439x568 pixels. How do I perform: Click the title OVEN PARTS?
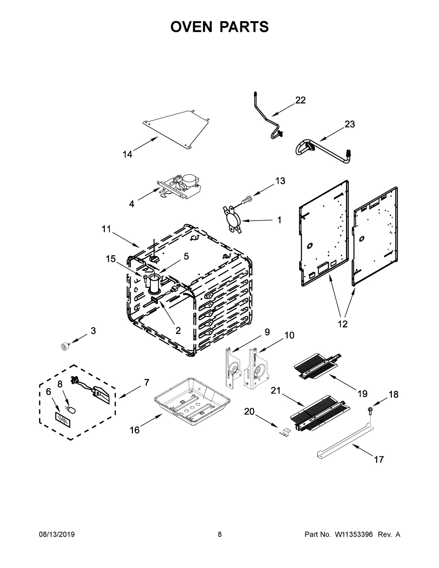coord(219,27)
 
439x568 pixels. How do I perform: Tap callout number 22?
coord(300,100)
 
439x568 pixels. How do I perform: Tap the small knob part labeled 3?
coord(65,346)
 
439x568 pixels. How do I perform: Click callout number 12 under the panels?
coord(342,324)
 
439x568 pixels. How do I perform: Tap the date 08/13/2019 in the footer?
coord(57,535)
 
